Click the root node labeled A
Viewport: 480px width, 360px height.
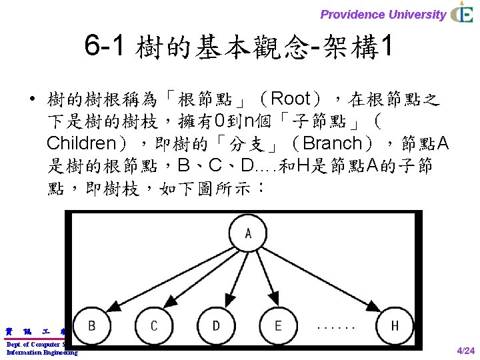[247, 233]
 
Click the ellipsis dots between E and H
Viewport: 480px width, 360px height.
[336, 327]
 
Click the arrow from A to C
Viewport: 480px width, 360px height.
[200, 280]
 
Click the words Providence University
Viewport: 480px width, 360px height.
[383, 14]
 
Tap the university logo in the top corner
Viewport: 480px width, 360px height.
[462, 13]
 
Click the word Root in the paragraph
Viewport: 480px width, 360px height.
[291, 99]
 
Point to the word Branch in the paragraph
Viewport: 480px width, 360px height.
[333, 143]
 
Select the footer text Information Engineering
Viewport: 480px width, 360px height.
[42, 352]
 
